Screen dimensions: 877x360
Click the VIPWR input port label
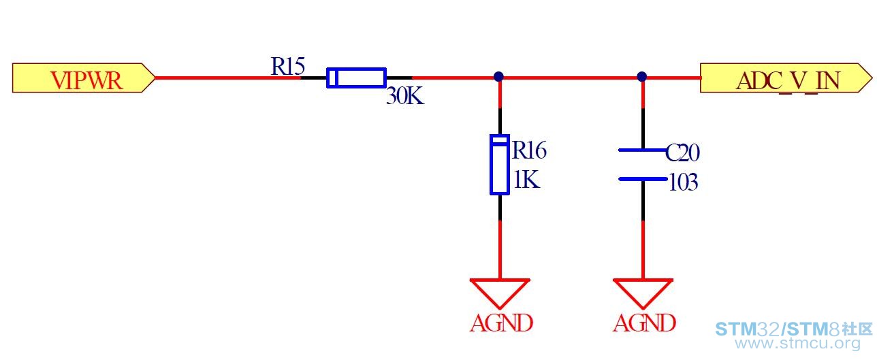click(x=83, y=78)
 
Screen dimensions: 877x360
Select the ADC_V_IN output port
click(x=786, y=78)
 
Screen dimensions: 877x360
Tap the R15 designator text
click(x=288, y=66)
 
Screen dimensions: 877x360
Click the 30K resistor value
click(x=405, y=96)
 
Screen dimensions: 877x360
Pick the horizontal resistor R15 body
click(x=356, y=78)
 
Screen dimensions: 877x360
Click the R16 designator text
click(x=529, y=150)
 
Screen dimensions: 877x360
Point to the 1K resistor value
click(x=526, y=180)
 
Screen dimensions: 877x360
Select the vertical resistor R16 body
click(x=500, y=165)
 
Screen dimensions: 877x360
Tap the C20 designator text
click(x=682, y=152)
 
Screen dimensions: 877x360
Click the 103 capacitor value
click(x=683, y=182)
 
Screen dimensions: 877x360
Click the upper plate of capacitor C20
click(x=643, y=150)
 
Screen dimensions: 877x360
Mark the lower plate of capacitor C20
click(x=643, y=179)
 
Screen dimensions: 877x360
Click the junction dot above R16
click(x=498, y=76)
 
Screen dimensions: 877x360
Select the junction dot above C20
click(x=641, y=76)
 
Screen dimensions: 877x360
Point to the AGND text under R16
click(x=501, y=323)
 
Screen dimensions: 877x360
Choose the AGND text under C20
click(x=644, y=323)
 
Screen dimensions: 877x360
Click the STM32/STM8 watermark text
click(x=794, y=329)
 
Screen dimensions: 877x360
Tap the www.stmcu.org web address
click(x=797, y=344)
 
